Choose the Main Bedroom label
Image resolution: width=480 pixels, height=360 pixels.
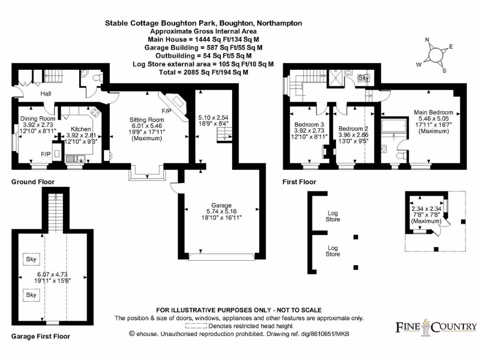[433, 112]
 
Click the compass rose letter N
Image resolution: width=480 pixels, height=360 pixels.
[427, 40]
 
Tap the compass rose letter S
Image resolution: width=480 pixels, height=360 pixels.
[444, 71]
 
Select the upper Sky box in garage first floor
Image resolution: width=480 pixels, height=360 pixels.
[31, 259]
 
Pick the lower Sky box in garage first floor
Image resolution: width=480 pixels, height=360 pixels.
[31, 295]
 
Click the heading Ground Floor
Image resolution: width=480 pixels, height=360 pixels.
[33, 182]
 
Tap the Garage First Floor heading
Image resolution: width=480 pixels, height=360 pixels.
[40, 336]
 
